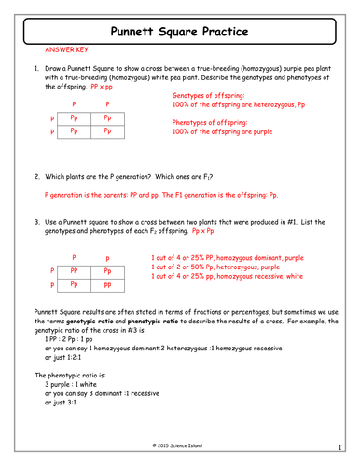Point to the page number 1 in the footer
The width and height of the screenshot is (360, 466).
pyautogui.click(x=341, y=445)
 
